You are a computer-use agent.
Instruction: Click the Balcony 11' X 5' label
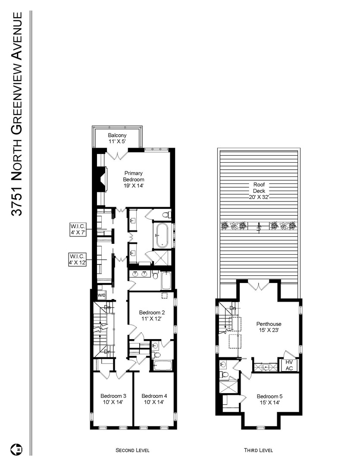pos(117,138)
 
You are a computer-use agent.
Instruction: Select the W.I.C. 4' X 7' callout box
pos(79,229)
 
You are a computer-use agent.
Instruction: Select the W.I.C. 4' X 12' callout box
pos(79,259)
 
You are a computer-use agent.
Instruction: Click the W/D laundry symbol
pos(102,295)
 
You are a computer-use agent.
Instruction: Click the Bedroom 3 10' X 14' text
pos(113,399)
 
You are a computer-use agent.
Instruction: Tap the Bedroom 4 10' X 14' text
pos(154,399)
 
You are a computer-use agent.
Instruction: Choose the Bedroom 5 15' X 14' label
pos(269,399)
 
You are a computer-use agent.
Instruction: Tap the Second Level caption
pos(132,450)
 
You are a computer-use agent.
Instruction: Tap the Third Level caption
pos(258,450)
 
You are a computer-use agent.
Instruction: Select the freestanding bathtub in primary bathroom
pos(163,235)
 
